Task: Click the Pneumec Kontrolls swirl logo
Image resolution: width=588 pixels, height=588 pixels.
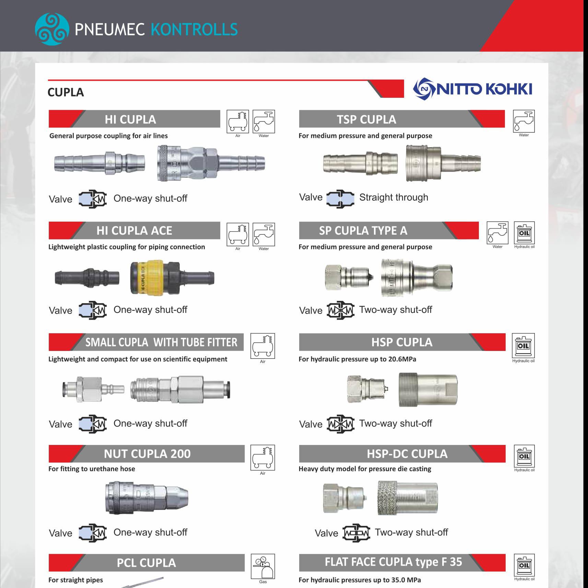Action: (x=52, y=29)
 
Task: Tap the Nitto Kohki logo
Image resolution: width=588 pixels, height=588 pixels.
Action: (x=473, y=89)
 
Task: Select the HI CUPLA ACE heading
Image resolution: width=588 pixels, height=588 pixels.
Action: (x=134, y=231)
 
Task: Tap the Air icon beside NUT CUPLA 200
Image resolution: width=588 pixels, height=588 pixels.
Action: (x=263, y=458)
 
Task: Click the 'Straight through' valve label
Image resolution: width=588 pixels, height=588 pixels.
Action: (x=393, y=197)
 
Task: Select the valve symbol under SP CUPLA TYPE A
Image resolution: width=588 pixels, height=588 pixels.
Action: (x=340, y=310)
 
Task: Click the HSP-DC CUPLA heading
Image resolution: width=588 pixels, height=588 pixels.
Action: (x=407, y=454)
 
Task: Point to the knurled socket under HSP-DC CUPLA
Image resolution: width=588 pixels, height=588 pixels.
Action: (x=407, y=498)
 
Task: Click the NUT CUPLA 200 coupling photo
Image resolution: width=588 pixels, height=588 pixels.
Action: (x=147, y=497)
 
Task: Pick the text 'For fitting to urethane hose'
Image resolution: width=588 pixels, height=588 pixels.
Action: (x=92, y=469)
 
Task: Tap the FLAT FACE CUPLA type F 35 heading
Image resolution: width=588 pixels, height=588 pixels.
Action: (x=393, y=562)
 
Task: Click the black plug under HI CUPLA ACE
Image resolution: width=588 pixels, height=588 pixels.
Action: (x=87, y=277)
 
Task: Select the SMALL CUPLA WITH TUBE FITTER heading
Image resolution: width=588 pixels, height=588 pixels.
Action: (x=161, y=342)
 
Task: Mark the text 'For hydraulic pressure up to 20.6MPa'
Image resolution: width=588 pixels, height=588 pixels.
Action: (x=357, y=359)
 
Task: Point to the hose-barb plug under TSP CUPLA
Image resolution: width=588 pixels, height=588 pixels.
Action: (x=360, y=163)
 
